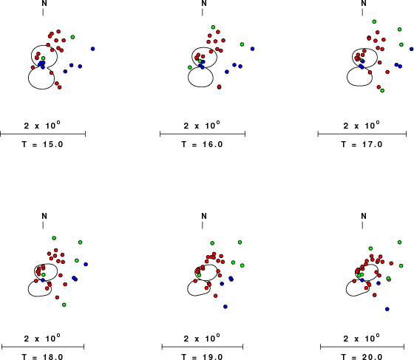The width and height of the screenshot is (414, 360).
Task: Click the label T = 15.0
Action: pos(43,144)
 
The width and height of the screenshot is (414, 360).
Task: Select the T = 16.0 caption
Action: pos(203,144)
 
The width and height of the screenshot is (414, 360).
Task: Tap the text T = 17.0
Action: pos(362,144)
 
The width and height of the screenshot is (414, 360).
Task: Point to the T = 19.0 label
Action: pos(203,357)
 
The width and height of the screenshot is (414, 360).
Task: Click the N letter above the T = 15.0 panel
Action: pos(44,3)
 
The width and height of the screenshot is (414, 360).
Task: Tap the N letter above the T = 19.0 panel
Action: pos(204,216)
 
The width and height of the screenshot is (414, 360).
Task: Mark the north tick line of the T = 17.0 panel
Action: pos(362,12)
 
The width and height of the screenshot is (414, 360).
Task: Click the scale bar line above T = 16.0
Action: pos(203,134)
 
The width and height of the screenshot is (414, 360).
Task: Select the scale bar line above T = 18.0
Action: pos(43,347)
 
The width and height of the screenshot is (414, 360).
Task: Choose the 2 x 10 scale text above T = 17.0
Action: pos(362,125)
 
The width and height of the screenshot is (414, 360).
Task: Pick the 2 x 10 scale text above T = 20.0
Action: pos(362,338)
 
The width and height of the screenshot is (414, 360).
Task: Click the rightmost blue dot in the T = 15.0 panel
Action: pos(92,49)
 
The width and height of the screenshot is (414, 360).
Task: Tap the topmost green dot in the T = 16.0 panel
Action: pos(213,27)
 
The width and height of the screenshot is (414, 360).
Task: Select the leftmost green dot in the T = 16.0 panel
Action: pos(190,67)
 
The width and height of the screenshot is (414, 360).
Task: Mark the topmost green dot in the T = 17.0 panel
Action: pos(374,21)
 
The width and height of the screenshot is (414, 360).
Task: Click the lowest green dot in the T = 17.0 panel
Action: pos(382,90)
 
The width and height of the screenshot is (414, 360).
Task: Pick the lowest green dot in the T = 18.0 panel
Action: pos(64,305)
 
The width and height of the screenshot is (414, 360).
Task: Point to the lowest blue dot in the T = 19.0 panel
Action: pos(225,307)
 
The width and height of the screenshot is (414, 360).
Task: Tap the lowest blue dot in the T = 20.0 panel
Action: pos(387,309)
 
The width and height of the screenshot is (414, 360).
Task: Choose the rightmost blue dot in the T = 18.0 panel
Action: pos(86,264)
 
